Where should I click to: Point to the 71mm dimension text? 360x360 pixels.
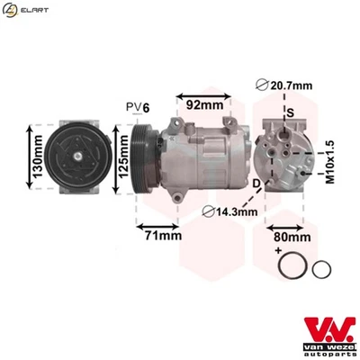coord(164,236)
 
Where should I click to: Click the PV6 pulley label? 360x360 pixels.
coord(138,107)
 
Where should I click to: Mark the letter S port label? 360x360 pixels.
coord(290,112)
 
